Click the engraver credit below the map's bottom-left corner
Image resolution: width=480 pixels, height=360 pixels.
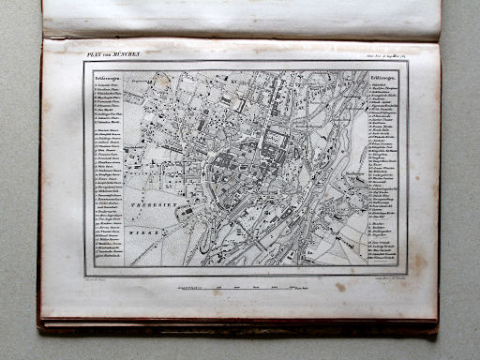click(x=97, y=278)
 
